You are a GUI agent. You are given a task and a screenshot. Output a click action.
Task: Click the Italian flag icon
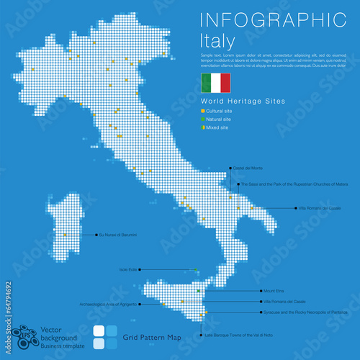(215, 83)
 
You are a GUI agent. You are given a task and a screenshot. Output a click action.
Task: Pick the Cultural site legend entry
(220, 112)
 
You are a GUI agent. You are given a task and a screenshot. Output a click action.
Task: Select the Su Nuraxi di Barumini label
(117, 235)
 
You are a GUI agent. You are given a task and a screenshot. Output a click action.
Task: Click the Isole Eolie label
(128, 269)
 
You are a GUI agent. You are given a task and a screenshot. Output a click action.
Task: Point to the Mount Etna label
(273, 291)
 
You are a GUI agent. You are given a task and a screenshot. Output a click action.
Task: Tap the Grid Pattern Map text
(148, 337)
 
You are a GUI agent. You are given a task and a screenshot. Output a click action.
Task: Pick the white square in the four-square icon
(100, 343)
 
